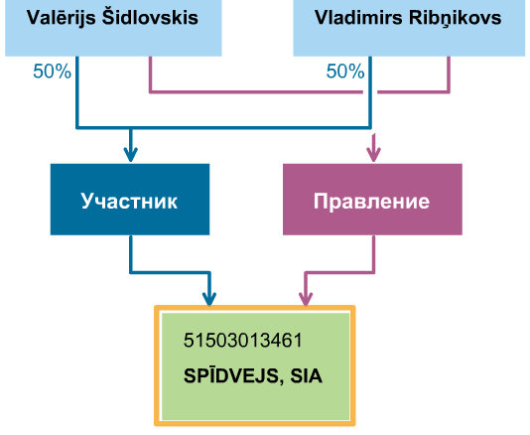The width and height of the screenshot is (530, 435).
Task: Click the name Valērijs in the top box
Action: click(62, 18)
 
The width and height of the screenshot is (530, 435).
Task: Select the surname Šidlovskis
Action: click(150, 17)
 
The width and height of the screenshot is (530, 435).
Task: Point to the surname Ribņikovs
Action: click(455, 18)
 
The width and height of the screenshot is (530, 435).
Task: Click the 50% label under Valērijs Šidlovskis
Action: click(53, 72)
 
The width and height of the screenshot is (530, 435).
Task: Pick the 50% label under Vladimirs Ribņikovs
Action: click(345, 72)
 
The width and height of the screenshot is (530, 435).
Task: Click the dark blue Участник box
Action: click(130, 200)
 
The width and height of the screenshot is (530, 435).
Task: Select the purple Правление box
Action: click(372, 200)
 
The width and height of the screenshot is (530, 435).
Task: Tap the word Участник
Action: click(129, 202)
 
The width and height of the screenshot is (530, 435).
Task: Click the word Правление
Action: click(371, 202)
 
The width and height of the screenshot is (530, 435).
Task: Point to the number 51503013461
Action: click(243, 341)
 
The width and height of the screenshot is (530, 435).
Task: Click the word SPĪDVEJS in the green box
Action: click(231, 376)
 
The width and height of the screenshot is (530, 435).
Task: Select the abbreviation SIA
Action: click(307, 376)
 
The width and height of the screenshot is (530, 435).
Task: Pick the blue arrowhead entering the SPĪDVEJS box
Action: click(209, 298)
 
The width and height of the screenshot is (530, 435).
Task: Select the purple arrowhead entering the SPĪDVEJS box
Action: click(306, 298)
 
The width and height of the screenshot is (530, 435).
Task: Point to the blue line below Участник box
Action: click(169, 271)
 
